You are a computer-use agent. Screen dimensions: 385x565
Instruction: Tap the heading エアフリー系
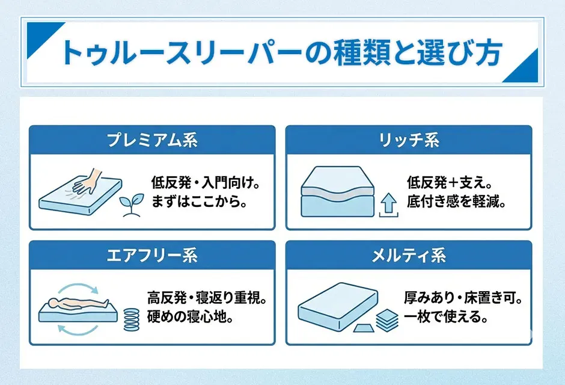(152, 256)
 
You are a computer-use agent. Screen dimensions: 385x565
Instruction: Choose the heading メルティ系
(409, 256)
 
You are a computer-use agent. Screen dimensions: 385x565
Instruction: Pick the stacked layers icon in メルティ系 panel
(387, 319)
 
